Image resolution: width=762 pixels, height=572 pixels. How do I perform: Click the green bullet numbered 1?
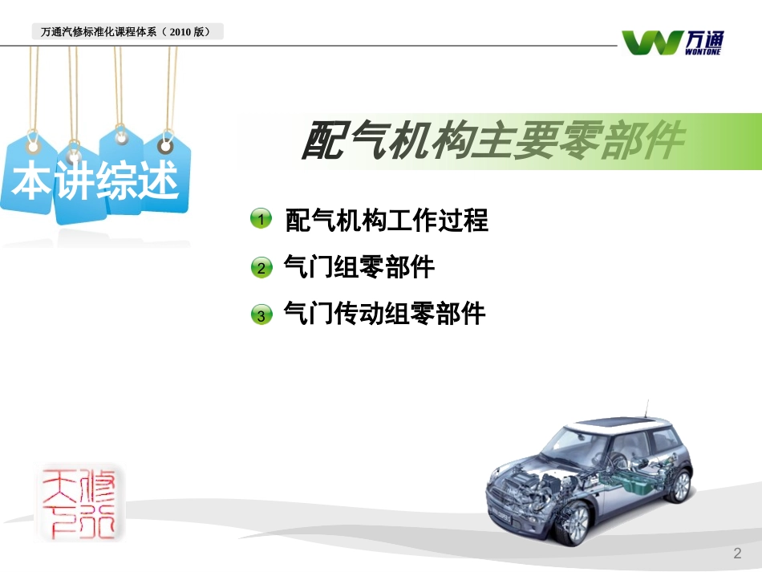point(261,220)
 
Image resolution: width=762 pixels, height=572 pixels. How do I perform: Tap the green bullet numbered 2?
point(261,267)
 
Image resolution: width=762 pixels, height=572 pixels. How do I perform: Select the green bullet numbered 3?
point(261,315)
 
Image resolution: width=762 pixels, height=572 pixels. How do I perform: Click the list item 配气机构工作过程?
point(387,220)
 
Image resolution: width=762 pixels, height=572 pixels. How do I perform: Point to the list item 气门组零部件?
point(359,267)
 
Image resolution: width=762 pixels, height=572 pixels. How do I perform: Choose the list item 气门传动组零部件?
point(385,314)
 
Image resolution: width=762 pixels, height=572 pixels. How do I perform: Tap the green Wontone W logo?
point(652,42)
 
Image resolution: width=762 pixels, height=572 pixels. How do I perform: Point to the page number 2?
point(737,554)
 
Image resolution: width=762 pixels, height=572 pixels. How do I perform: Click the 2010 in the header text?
point(182,33)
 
